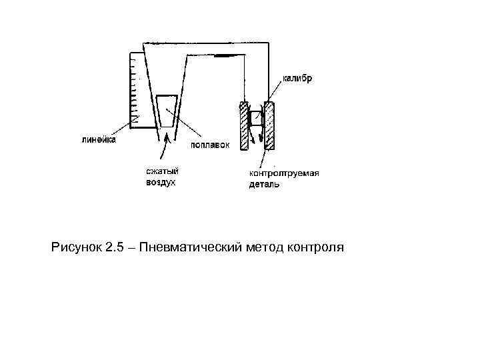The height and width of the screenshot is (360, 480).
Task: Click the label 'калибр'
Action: (296, 78)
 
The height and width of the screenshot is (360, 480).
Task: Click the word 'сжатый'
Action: (162, 171)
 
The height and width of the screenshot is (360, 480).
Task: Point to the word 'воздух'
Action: (161, 182)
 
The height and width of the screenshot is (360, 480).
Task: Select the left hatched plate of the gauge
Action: (244, 125)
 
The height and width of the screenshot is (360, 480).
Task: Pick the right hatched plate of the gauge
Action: (271, 125)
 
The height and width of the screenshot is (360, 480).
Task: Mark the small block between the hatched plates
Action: (255, 118)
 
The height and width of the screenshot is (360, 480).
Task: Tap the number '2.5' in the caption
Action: (115, 249)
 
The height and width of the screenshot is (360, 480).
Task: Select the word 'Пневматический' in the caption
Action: (193, 249)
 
